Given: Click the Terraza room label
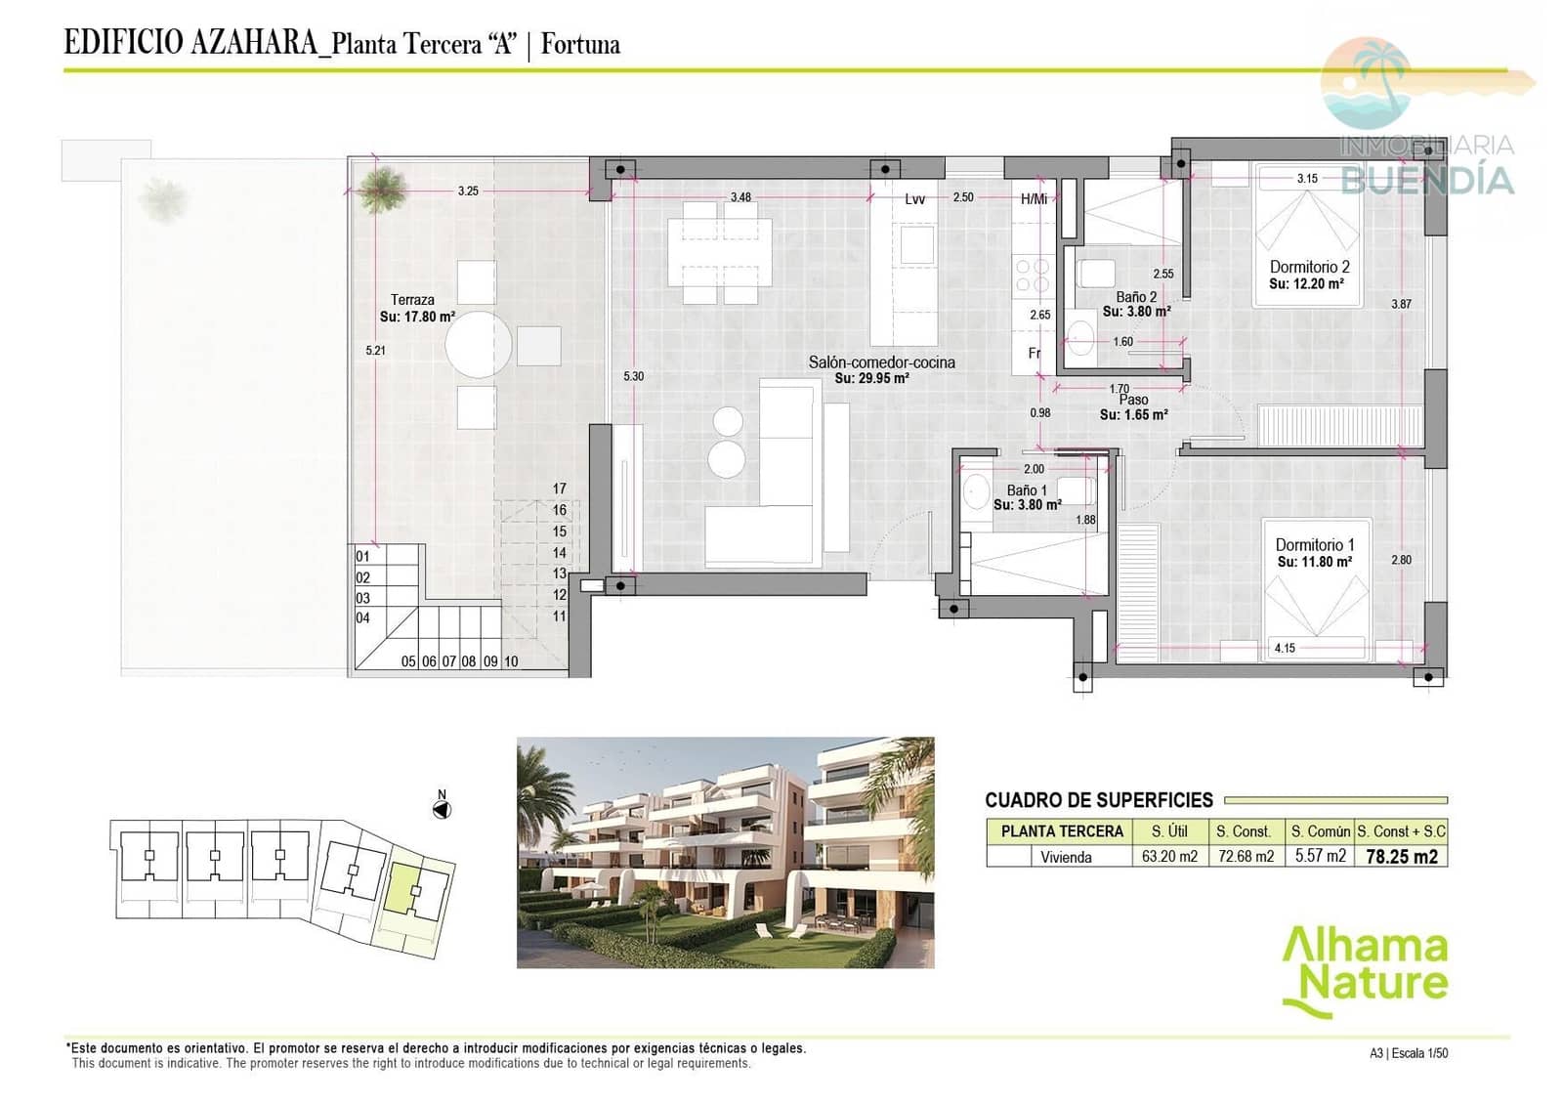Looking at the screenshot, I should click(x=412, y=300).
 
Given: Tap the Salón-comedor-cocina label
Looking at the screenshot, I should click(x=881, y=362).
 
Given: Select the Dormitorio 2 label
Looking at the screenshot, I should click(x=1309, y=267).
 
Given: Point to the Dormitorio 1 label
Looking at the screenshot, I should click(x=1314, y=545).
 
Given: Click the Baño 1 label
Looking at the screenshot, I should click(x=1027, y=490).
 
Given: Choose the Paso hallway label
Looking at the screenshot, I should click(x=1133, y=400).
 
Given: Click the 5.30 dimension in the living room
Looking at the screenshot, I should click(x=633, y=376).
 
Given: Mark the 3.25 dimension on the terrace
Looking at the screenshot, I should click(x=468, y=191).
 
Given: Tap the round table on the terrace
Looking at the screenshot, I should click(x=479, y=344).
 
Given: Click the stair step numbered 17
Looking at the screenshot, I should click(x=559, y=489).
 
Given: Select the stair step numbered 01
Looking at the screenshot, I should click(x=362, y=557).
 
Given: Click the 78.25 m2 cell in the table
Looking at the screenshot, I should click(x=1401, y=857).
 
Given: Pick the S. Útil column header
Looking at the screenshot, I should click(x=1169, y=831).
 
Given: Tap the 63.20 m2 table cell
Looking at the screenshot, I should click(x=1169, y=857).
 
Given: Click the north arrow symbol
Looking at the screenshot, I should click(x=442, y=809).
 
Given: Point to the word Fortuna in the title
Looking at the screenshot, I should click(x=580, y=44).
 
